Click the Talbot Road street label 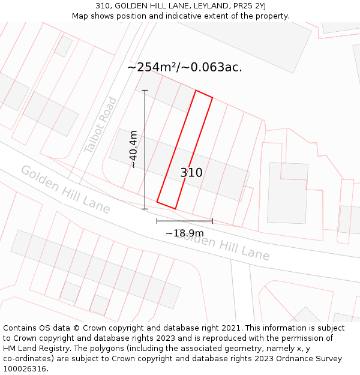100,124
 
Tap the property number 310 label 191,173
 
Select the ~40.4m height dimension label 133,149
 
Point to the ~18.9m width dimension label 185,233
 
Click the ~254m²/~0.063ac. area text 185,67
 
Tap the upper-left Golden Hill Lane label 65,189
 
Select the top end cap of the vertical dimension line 145,91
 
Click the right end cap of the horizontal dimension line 212,221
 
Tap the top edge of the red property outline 204,94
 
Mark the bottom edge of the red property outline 166,205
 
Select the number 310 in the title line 103,6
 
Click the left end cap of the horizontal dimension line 157,221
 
